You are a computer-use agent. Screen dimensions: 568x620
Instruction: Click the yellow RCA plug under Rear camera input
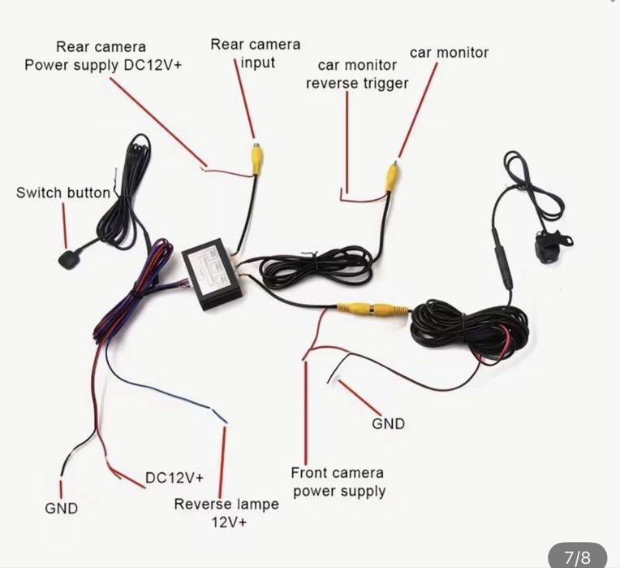256,158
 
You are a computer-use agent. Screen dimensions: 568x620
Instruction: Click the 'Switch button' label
62,193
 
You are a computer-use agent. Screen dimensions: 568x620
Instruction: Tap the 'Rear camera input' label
255,53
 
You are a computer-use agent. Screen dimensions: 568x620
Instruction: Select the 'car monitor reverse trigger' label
357,73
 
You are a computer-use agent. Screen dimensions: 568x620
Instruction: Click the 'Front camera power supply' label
338,481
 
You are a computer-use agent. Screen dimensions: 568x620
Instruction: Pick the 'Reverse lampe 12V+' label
226,513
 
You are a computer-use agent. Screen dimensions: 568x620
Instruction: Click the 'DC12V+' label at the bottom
174,477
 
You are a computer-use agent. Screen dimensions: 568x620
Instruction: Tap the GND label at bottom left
62,509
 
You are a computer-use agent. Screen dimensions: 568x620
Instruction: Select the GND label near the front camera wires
388,423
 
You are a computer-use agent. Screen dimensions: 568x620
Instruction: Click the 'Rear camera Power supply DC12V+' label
102,56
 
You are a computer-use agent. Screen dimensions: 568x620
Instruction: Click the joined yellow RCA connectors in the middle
373,309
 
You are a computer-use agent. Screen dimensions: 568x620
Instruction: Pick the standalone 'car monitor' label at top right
449,53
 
